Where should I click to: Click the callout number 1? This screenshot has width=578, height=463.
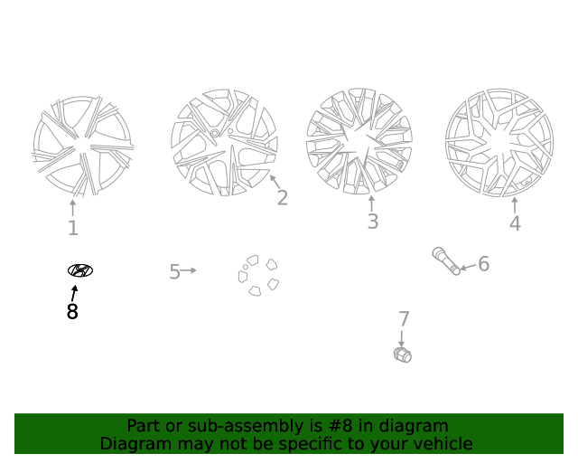click(73, 228)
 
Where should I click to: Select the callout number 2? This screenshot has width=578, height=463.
click(283, 198)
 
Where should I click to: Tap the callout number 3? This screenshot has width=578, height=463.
click(373, 222)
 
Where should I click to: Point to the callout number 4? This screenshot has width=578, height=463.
click(515, 223)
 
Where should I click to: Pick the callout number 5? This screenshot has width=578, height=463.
click(174, 272)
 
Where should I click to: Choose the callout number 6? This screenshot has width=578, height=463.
click(483, 264)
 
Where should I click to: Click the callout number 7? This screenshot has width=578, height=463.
click(404, 319)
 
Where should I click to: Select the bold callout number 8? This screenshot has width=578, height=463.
click(72, 312)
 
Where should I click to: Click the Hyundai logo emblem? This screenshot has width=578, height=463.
click(80, 270)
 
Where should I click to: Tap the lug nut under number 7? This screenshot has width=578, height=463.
click(403, 355)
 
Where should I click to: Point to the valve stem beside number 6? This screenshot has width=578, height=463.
click(446, 261)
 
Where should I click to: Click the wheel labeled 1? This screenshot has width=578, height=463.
click(83, 146)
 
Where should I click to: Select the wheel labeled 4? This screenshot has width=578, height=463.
click(499, 143)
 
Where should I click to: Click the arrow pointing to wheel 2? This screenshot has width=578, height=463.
click(275, 182)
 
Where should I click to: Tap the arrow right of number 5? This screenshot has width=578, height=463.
click(189, 270)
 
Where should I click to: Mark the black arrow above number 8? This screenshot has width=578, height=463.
click(74, 293)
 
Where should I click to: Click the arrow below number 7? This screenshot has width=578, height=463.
click(401, 339)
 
